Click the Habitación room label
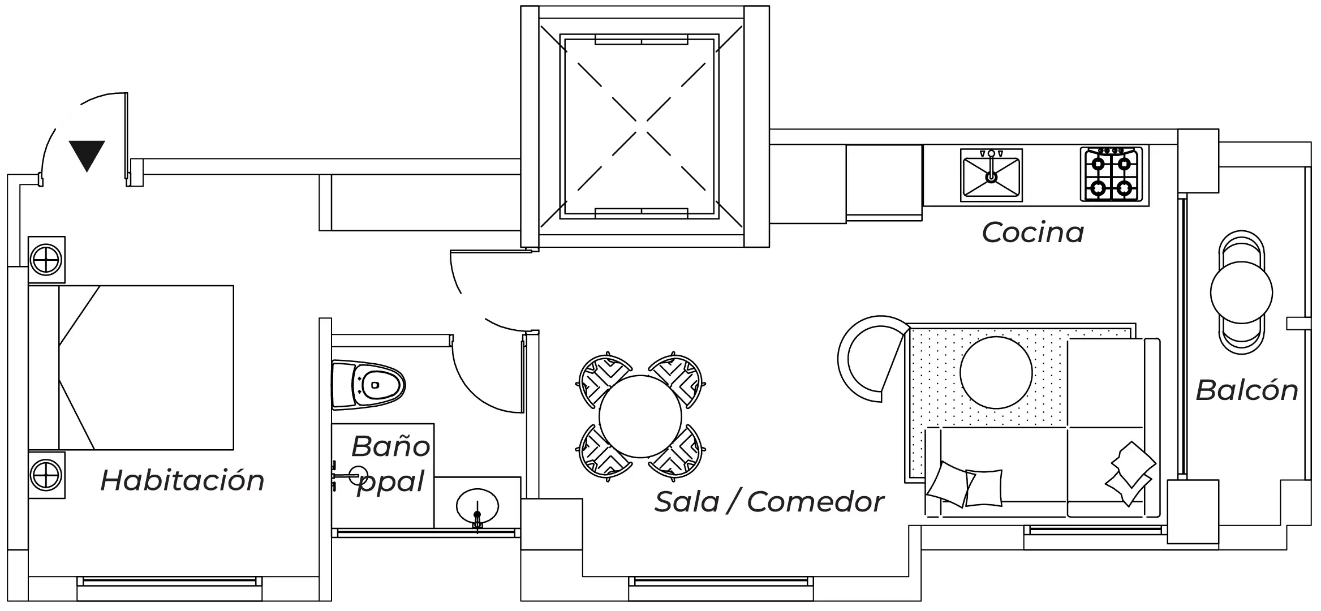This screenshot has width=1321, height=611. tap(182, 481)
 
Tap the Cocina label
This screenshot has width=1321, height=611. tap(1032, 233)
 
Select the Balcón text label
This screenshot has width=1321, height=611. tap(1247, 390)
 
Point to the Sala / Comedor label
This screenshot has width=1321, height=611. tap(769, 502)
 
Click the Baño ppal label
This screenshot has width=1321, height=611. tap(390, 464)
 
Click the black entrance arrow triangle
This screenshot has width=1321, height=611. tap(87, 155)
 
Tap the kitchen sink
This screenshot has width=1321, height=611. tap(991, 175)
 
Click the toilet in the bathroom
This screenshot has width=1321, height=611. tap(369, 385)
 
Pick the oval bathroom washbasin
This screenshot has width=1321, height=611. tap(477, 505)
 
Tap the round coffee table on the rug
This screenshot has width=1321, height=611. tap(996, 372)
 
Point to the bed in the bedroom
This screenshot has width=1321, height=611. tap(146, 368)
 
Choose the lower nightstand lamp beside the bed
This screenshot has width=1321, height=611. tap(46, 475)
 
